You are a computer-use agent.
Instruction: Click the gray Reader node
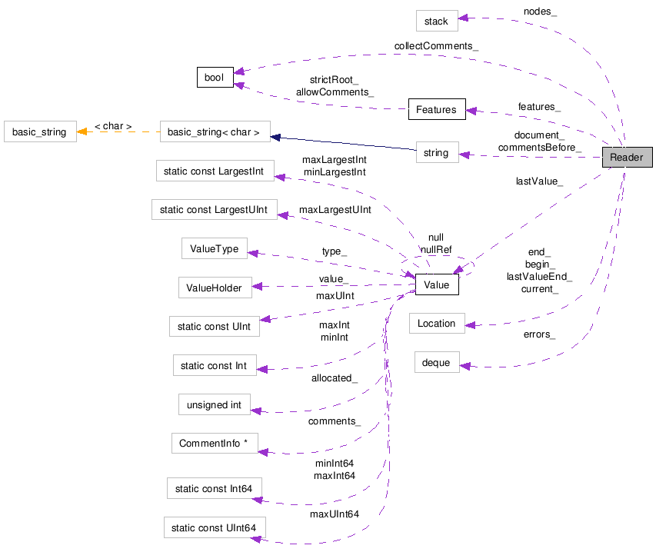pyautogui.click(x=627, y=157)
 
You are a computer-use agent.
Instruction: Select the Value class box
pyautogui.click(x=437, y=284)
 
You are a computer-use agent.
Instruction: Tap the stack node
pyautogui.click(x=436, y=21)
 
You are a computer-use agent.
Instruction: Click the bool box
pyautogui.click(x=215, y=77)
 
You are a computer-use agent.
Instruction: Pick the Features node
pyautogui.click(x=436, y=109)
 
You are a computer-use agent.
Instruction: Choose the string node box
pyautogui.click(x=436, y=152)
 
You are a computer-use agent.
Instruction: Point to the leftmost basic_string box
pyautogui.click(x=39, y=131)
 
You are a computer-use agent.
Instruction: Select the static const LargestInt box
pyautogui.click(x=215, y=171)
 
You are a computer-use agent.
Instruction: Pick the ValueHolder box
pyautogui.click(x=214, y=288)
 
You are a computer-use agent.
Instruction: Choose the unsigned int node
pyautogui.click(x=214, y=404)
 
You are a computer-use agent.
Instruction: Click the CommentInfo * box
pyautogui.click(x=214, y=443)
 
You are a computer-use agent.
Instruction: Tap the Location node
pyautogui.click(x=436, y=323)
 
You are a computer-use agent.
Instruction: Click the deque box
pyautogui.click(x=436, y=362)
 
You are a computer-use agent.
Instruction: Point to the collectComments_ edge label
pyautogui.click(x=435, y=46)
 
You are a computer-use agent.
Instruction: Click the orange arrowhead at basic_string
pyautogui.click(x=82, y=131)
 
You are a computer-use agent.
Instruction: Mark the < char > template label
pyautogui.click(x=113, y=125)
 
